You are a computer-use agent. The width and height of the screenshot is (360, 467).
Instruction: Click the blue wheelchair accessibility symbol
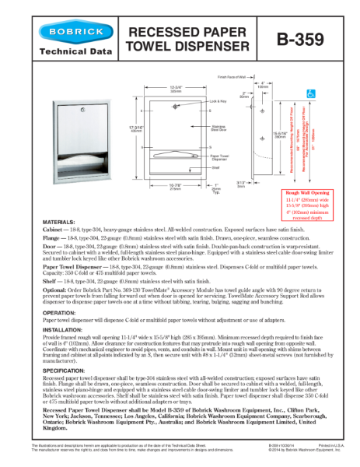point(332,92)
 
